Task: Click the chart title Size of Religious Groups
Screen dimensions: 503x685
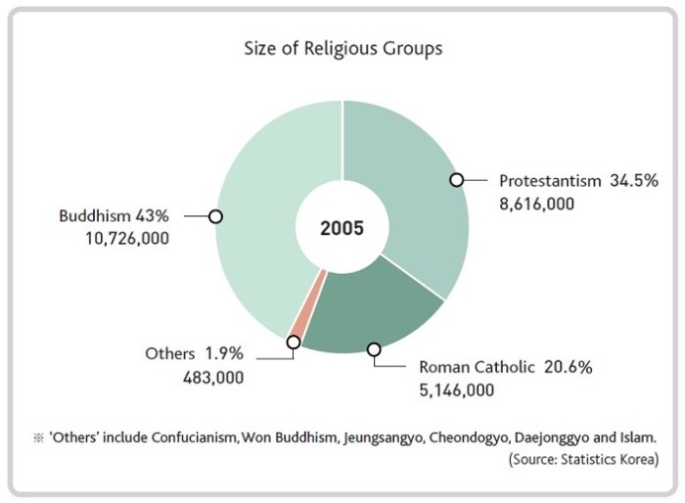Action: click(x=342, y=48)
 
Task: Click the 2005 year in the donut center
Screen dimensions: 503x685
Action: click(x=342, y=228)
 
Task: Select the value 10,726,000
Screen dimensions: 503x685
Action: click(x=126, y=238)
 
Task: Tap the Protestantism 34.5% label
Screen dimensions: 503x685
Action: click(x=578, y=181)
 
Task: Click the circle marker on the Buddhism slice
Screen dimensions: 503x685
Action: click(x=216, y=215)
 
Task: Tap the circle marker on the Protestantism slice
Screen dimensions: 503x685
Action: click(x=456, y=179)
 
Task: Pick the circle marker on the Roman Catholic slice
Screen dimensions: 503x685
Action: click(x=373, y=348)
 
